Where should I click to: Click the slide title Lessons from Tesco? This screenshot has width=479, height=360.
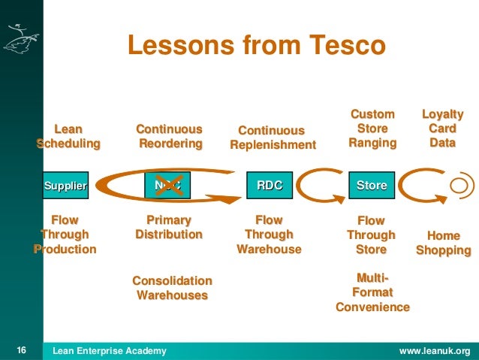[256, 46]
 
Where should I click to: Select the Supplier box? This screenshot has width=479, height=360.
[65, 185]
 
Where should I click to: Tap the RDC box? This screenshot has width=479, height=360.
[270, 185]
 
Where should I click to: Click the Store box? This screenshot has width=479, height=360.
[371, 185]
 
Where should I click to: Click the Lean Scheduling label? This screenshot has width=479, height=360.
[68, 136]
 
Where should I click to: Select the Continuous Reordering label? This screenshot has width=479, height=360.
[170, 136]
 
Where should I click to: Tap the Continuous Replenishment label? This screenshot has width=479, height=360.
[273, 138]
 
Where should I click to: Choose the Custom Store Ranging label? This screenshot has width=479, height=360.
[372, 128]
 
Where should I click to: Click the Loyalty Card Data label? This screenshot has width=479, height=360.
[443, 128]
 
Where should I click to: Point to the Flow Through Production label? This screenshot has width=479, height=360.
[65, 234]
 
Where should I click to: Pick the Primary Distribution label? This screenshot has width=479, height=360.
[169, 227]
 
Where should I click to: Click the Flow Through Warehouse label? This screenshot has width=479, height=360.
[269, 234]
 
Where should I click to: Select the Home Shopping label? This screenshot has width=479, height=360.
[443, 243]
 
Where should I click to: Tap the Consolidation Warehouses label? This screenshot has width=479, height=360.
[172, 288]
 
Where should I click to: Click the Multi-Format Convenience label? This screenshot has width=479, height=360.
[372, 293]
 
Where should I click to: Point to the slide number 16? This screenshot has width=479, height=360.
[21, 350]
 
